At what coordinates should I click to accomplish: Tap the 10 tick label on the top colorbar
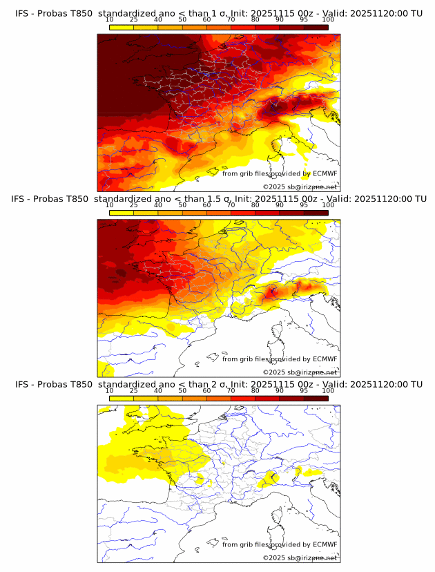point(110,20)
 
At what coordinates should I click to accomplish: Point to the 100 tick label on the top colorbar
point(327,20)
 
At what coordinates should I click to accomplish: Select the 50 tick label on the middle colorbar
point(182,205)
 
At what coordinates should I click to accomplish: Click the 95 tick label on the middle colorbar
point(304,205)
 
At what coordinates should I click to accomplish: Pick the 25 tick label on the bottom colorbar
point(133,390)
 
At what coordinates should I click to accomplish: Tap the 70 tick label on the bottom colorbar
point(231,390)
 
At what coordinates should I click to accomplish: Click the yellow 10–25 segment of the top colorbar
point(122,27)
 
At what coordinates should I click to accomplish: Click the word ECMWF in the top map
point(325,174)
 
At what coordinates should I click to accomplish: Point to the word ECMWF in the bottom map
point(325,544)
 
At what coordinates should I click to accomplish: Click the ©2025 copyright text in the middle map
point(273,372)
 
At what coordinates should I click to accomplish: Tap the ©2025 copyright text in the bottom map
point(273,557)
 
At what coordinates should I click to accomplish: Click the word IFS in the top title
point(22,14)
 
